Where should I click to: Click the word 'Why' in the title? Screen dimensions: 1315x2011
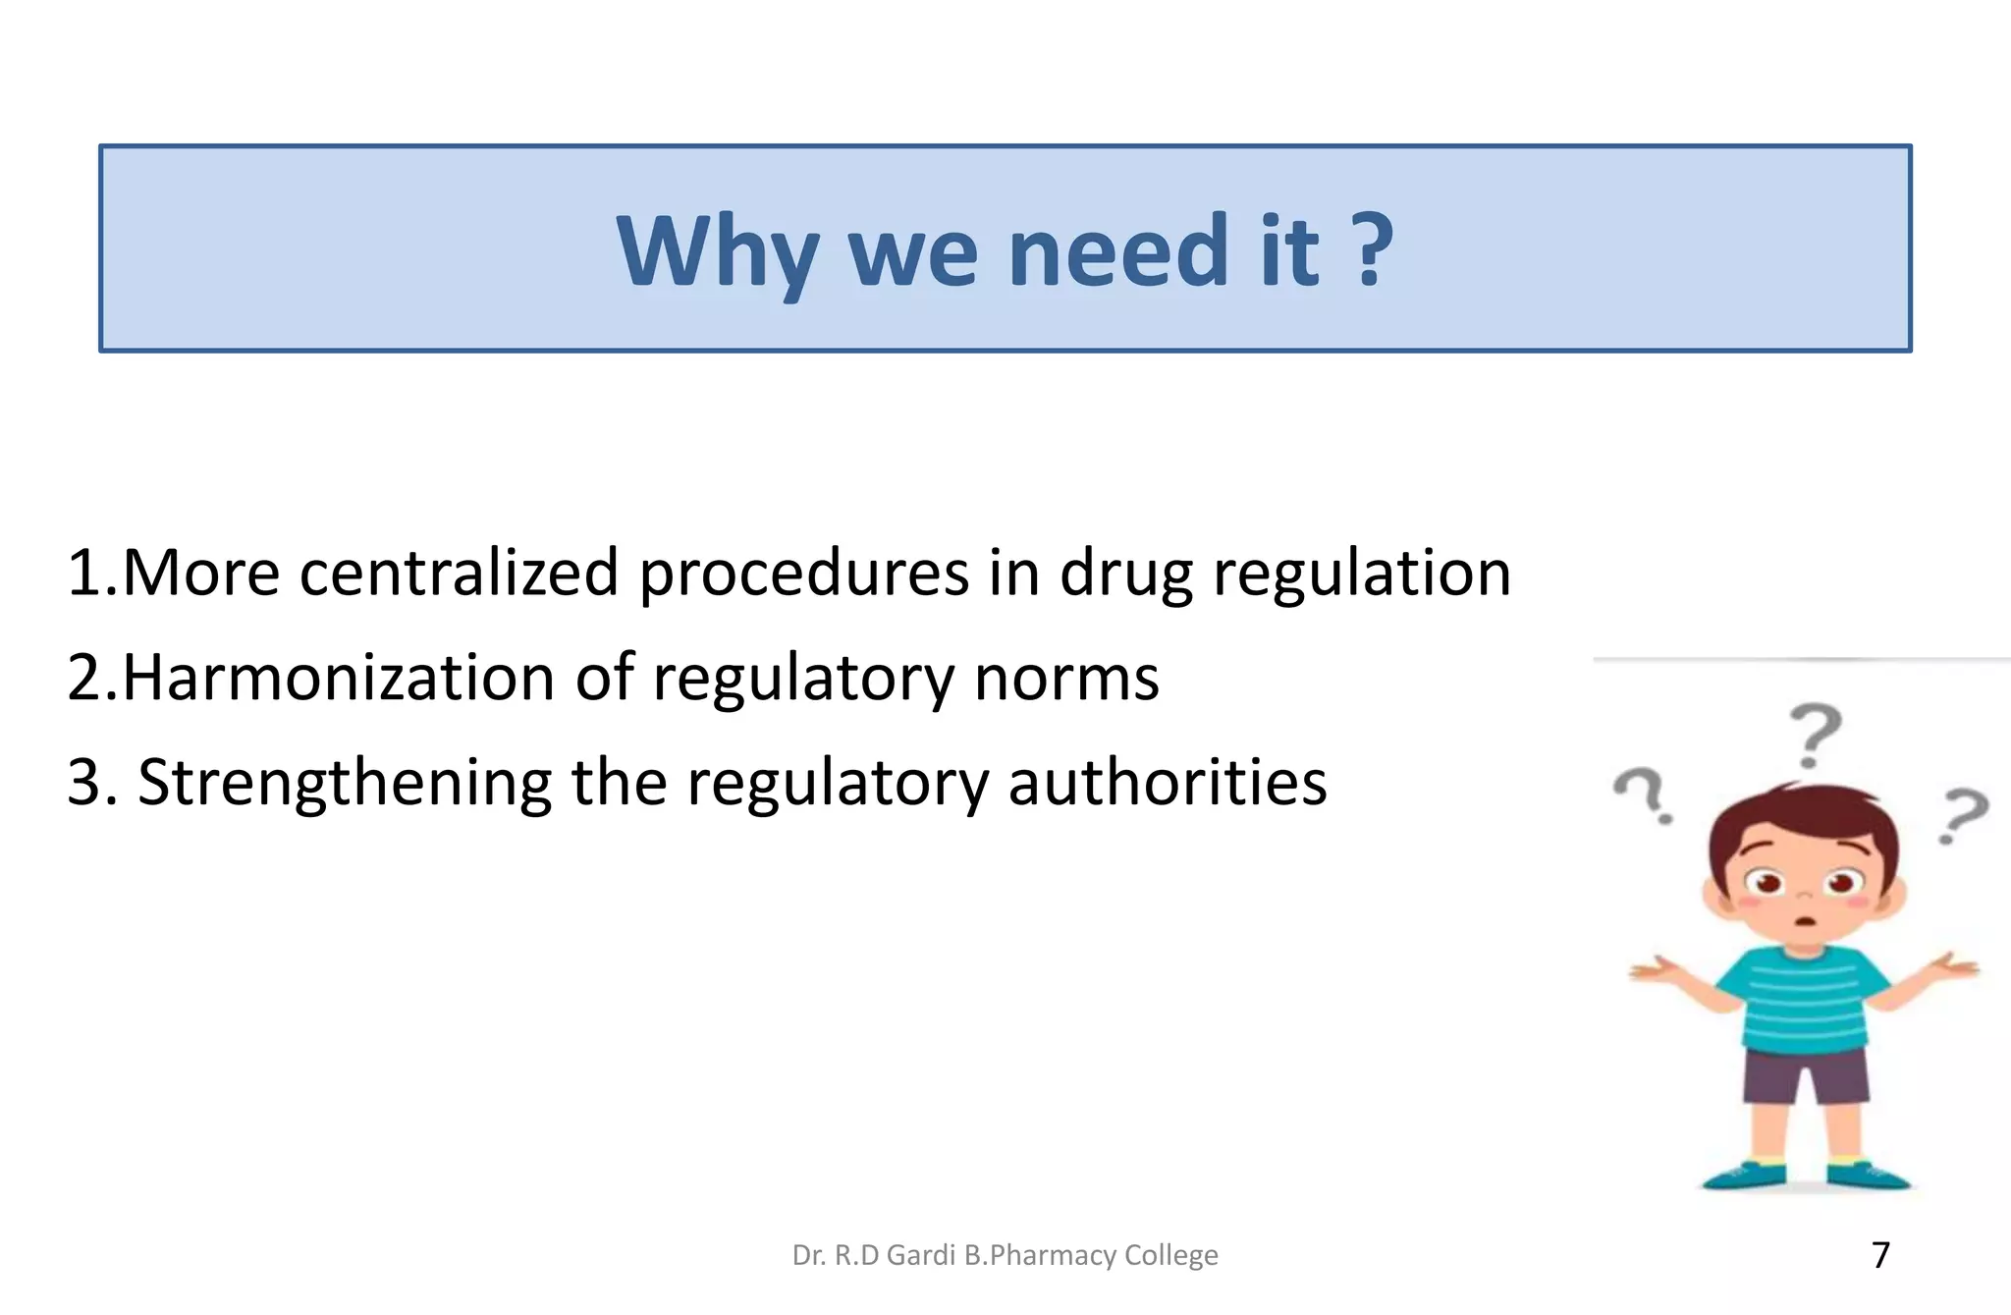click(x=717, y=251)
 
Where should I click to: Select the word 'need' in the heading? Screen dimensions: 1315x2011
click(x=1118, y=251)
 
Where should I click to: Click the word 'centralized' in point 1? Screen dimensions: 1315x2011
click(x=459, y=573)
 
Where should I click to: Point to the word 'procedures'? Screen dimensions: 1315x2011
click(x=804, y=575)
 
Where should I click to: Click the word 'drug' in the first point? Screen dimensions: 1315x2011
click(x=1125, y=575)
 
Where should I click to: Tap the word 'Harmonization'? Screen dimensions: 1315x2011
click(x=339, y=678)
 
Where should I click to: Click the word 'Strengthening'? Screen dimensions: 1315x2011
click(x=344, y=784)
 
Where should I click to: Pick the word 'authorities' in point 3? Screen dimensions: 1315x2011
click(x=1167, y=783)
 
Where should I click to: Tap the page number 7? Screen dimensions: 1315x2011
click(x=1880, y=1255)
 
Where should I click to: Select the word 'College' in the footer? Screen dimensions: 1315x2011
click(x=1170, y=1255)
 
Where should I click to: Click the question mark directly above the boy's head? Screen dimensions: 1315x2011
click(x=1814, y=735)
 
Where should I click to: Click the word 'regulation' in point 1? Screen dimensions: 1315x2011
click(x=1361, y=575)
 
